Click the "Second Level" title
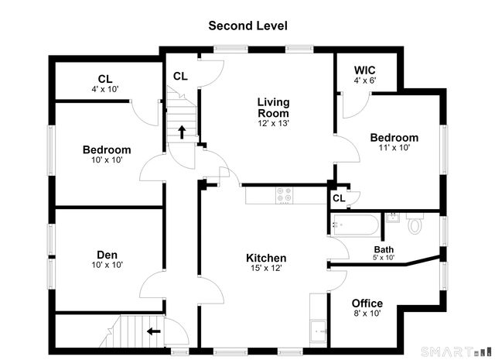[247, 26]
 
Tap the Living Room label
[273, 108]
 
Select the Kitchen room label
[266, 258]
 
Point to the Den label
[107, 255]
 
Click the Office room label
[367, 303]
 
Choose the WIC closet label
[364, 70]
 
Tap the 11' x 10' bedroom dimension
[394, 148]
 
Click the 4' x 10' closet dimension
[105, 90]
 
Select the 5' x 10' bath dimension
[384, 258]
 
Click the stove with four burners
[284, 195]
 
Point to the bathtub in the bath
[356, 225]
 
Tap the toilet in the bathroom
[415, 223]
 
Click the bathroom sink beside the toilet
[393, 218]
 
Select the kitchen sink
[318, 331]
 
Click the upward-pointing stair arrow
[182, 132]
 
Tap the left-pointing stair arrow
[154, 331]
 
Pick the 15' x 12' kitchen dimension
[266, 269]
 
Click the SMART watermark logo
[456, 351]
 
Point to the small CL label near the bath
[339, 198]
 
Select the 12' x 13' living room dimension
[273, 123]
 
